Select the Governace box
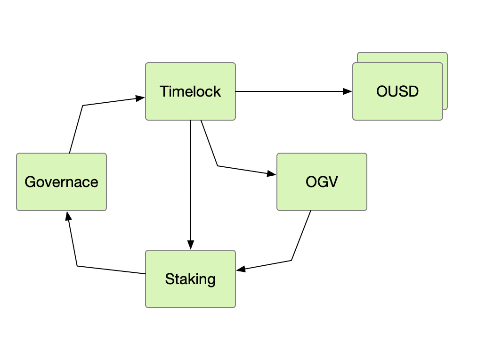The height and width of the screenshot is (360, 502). (x=61, y=198)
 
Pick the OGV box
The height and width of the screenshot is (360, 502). (x=322, y=198)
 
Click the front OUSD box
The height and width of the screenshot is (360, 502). (x=397, y=107)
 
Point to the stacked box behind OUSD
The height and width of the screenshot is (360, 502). (x=445, y=80)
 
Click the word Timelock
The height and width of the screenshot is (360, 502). (x=190, y=91)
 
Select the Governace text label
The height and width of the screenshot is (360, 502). (x=61, y=182)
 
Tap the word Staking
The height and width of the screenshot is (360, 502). (x=190, y=279)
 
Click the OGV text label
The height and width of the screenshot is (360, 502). (x=322, y=182)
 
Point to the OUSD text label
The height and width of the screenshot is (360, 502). (x=397, y=91)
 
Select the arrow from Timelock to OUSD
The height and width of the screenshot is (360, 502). (x=292, y=91)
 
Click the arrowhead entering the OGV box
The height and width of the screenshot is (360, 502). (x=272, y=174)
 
